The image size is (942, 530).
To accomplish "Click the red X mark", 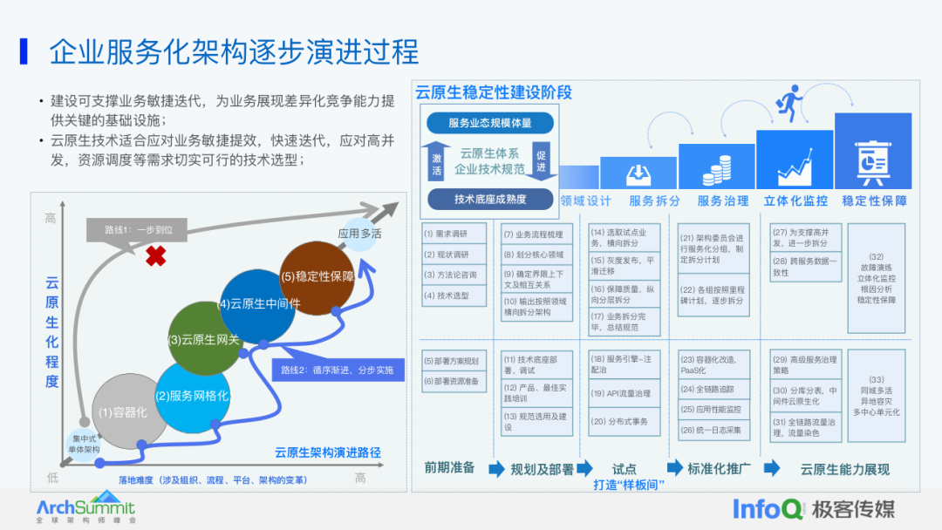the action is [156, 255].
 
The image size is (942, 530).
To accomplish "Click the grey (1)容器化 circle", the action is [125, 411].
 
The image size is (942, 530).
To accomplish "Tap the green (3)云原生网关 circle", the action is [204, 339].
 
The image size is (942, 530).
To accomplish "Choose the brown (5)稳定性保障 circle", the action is [317, 276].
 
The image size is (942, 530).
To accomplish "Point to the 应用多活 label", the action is [360, 234].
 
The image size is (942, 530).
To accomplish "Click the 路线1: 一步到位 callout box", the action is [138, 229].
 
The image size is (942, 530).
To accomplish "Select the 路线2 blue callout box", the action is [338, 369].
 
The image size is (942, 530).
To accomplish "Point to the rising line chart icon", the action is [794, 166].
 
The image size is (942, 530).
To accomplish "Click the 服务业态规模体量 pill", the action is [489, 124].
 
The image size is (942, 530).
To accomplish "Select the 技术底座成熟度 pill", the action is [490, 199].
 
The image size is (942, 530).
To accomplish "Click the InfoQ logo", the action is [766, 507].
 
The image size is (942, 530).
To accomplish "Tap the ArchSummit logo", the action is [85, 508].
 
